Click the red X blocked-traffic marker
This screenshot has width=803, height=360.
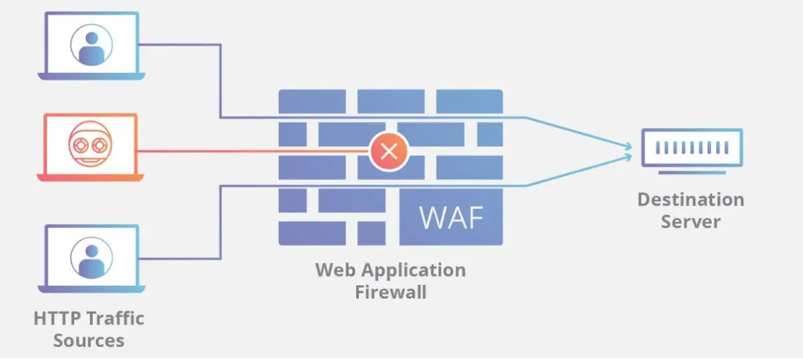point(388,151)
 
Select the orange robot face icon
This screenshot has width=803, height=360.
point(90,145)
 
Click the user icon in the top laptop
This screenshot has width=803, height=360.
point(91,45)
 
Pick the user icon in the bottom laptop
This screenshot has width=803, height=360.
point(91,257)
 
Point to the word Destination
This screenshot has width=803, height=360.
point(690,199)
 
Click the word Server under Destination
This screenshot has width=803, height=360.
point(690,221)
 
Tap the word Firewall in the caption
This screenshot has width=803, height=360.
point(390,292)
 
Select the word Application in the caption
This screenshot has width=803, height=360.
point(410,270)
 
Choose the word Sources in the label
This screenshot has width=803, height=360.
point(89,340)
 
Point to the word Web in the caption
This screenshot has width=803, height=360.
point(333,270)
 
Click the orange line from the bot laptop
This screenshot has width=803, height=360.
point(253,151)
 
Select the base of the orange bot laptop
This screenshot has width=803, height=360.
point(90,178)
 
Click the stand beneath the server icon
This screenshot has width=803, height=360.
point(692,173)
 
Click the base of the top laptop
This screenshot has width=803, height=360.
point(90,77)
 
